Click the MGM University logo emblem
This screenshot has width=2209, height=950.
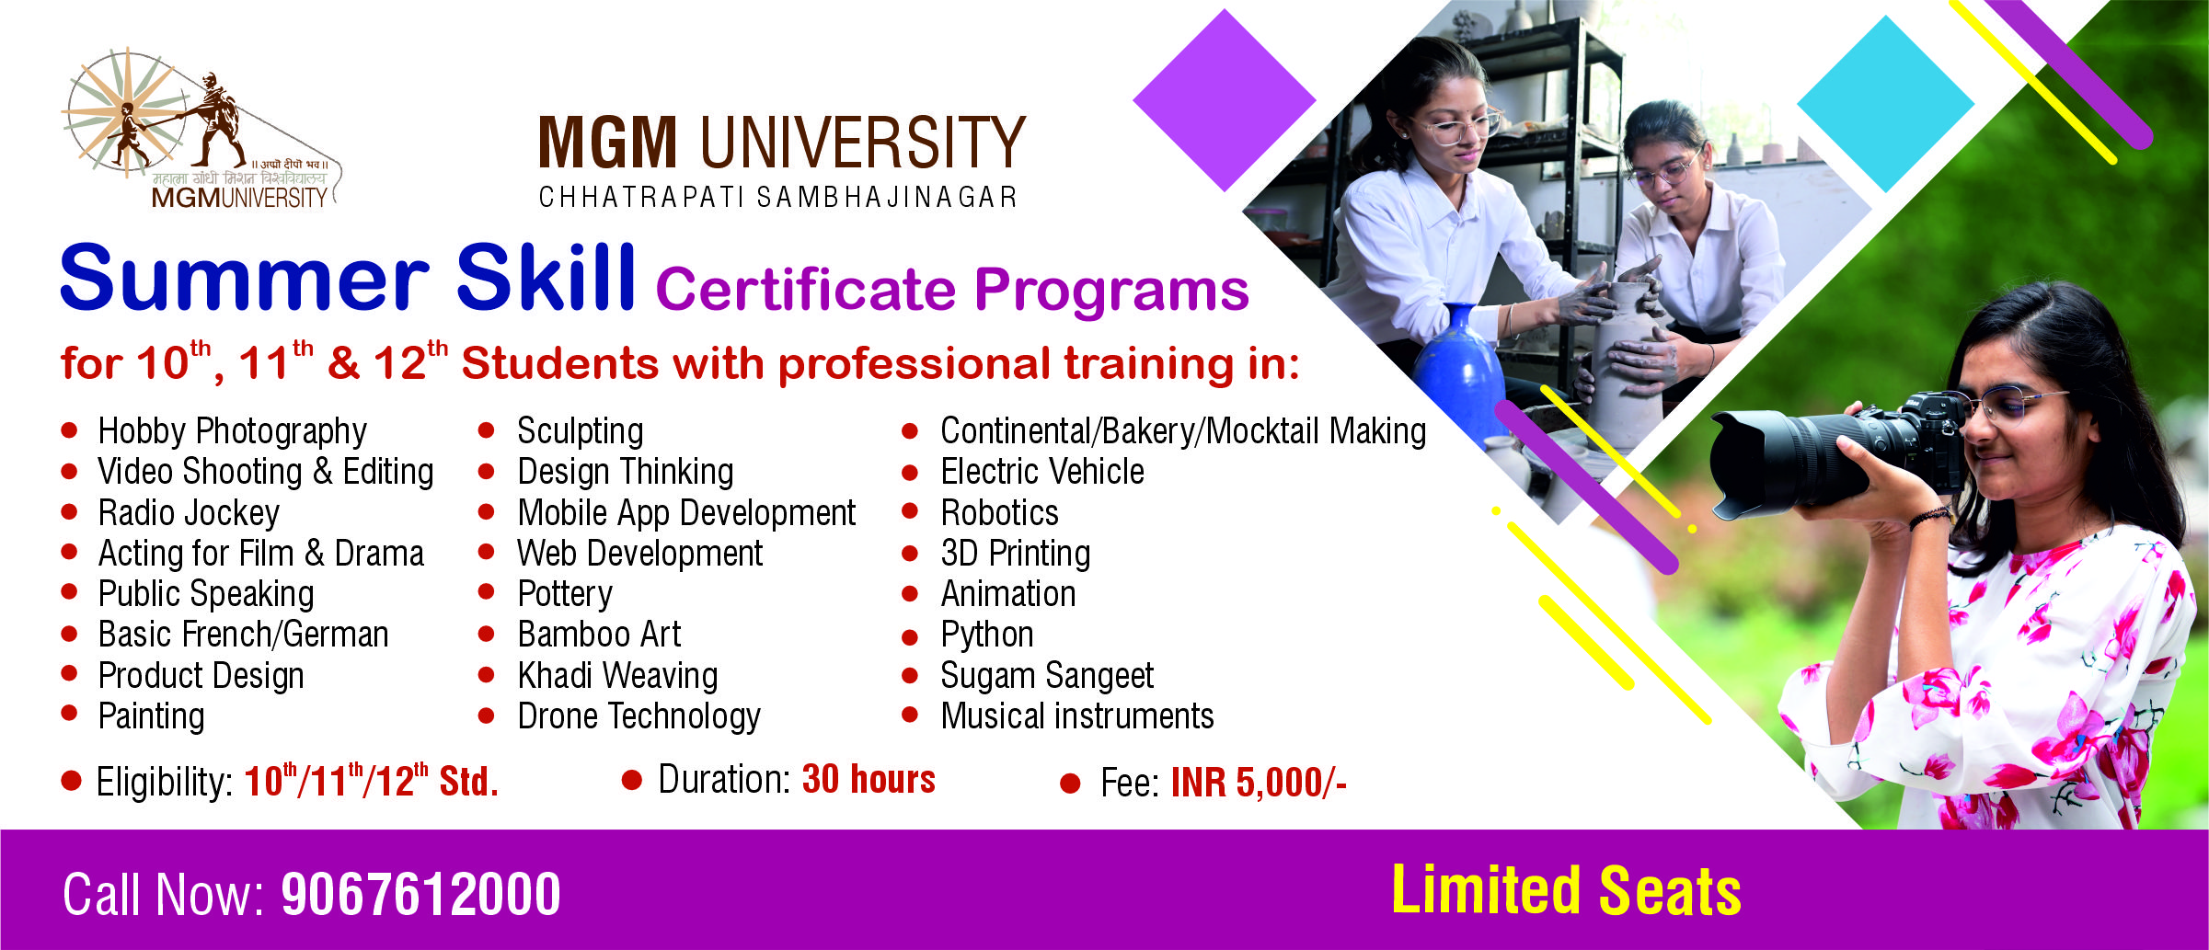pos(201,129)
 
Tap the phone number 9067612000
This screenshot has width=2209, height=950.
pos(420,894)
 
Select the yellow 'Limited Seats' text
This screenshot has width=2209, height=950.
pos(1566,890)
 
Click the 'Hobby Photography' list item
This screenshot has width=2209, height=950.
pos(233,431)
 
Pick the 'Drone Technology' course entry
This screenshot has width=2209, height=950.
pos(639,716)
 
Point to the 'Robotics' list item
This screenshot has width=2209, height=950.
pos(999,512)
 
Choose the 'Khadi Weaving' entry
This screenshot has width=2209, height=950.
pos(617,676)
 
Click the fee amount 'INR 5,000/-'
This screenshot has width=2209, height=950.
pos(1259,783)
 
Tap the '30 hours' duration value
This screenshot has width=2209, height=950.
pos(869,779)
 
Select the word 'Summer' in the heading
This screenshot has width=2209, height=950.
pos(244,278)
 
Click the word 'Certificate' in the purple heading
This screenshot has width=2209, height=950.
pos(806,291)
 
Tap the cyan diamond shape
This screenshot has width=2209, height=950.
pos(1886,104)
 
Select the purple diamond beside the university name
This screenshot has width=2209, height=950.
pos(1225,100)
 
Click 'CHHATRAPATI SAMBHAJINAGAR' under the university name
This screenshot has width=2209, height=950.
pos(778,198)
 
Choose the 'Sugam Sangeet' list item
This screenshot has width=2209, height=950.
pos(1047,676)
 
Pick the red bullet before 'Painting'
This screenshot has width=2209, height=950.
pos(69,714)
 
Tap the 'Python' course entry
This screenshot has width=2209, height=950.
pos(987,635)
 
